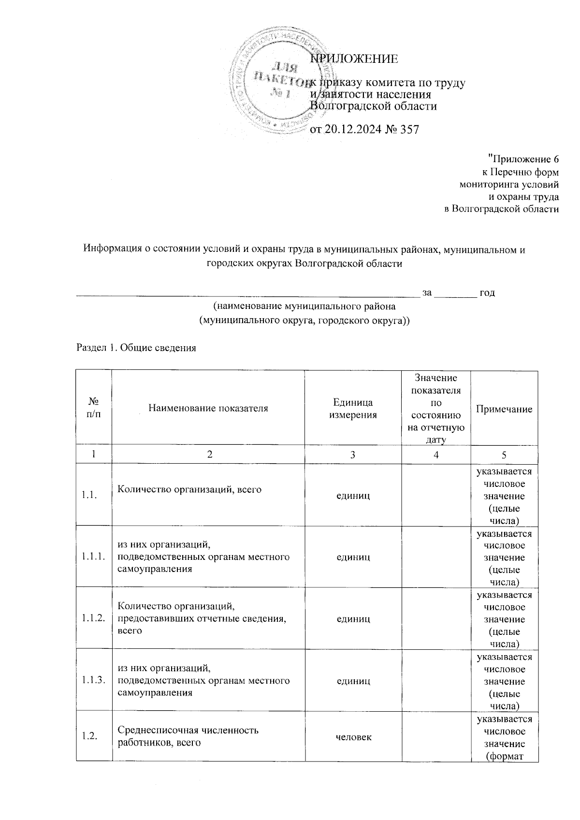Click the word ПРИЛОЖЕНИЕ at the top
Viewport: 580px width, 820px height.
click(x=354, y=59)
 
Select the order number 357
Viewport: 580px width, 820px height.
click(x=409, y=130)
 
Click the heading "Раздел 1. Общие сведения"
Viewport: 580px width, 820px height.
click(x=136, y=348)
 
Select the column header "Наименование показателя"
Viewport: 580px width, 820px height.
click(x=208, y=408)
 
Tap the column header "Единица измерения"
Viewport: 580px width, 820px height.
click(x=353, y=409)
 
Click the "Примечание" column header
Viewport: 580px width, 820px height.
click(x=504, y=409)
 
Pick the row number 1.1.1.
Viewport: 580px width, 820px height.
click(x=94, y=556)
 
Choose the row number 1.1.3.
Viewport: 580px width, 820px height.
click(x=94, y=680)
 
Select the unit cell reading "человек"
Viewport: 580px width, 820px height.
click(x=353, y=737)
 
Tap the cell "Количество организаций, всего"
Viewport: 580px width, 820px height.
click(x=189, y=489)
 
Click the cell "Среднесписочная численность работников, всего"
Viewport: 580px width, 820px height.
click(x=188, y=736)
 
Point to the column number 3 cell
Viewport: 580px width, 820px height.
click(x=353, y=454)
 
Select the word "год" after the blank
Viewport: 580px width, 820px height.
click(x=487, y=293)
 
